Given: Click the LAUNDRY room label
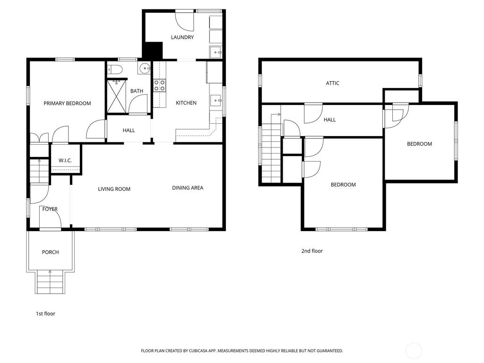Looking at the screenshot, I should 182,37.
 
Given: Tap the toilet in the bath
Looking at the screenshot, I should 115,70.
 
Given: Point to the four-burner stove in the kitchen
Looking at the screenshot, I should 160,86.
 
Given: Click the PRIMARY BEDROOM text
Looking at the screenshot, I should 67,104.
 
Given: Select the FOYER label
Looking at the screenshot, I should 50,209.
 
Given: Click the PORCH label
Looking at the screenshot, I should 50,252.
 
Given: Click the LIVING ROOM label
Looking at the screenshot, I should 114,189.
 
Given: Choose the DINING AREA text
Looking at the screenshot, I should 188,188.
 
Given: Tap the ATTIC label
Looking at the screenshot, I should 333,83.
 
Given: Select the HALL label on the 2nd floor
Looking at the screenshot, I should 329,120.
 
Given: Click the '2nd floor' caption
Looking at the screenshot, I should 312,251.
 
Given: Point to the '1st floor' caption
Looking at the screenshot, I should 45,314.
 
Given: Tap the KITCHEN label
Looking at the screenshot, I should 186,104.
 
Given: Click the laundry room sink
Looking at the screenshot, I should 216,52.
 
